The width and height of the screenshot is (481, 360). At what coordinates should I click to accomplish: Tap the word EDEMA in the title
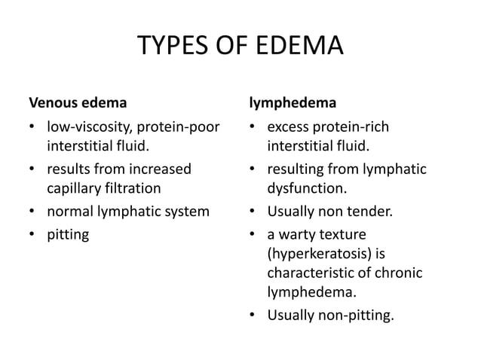(x=302, y=48)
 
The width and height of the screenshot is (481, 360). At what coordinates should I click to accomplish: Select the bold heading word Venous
(x=52, y=100)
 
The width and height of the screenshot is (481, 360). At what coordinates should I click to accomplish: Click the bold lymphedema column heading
(x=293, y=100)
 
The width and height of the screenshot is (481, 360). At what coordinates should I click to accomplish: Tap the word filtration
(x=133, y=189)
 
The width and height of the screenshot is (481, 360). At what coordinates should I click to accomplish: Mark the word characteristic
(x=310, y=272)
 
